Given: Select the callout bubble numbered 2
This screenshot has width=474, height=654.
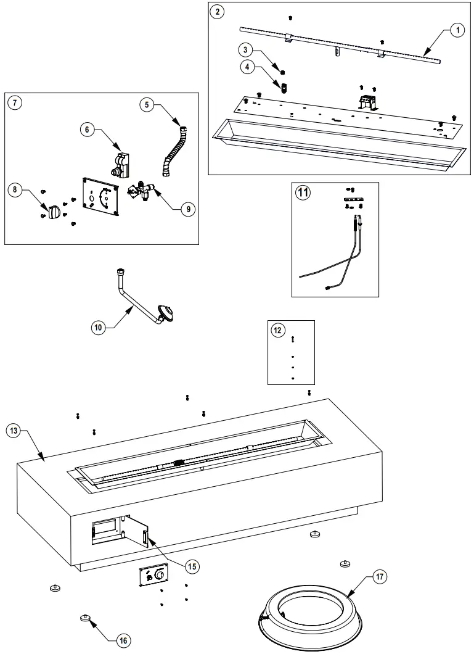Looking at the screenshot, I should (x=218, y=11).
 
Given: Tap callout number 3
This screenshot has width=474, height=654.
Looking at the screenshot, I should (x=245, y=49).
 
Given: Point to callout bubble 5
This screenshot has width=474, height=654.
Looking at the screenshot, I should (x=146, y=104).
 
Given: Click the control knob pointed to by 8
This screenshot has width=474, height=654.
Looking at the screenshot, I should (x=53, y=212).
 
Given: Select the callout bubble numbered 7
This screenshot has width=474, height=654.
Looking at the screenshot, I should (x=14, y=102).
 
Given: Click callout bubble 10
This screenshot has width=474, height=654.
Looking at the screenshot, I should (x=98, y=328).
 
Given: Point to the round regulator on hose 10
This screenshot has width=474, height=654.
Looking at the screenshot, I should (x=166, y=313).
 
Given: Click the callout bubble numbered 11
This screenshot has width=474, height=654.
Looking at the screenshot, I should (x=303, y=192).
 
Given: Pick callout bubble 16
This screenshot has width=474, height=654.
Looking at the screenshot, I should (x=123, y=640).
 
